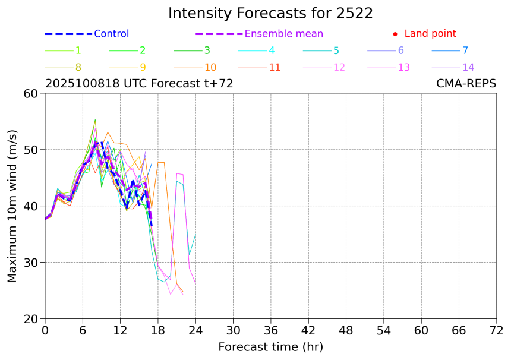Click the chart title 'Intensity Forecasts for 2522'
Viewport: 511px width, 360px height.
point(270,13)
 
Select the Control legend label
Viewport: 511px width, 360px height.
point(111,34)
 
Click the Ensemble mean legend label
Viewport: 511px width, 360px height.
point(284,34)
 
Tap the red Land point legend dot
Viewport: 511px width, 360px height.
point(395,34)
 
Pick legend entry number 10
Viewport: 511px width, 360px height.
point(210,67)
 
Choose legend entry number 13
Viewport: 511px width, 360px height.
point(403,67)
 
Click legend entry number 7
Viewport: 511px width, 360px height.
point(465,50)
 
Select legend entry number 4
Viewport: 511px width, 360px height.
point(272,50)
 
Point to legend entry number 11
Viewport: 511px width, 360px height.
point(275,67)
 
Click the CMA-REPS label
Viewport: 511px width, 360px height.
point(466,84)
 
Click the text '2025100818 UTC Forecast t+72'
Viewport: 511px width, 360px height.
point(139,84)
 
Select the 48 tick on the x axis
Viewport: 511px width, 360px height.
point(346,330)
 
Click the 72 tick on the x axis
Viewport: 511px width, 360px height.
point(497,330)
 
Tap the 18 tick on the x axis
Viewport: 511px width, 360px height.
point(158,330)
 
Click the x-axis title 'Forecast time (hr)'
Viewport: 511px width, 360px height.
point(270,347)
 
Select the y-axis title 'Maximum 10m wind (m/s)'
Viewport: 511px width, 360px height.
point(12,206)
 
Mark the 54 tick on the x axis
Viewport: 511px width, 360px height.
point(384,330)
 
